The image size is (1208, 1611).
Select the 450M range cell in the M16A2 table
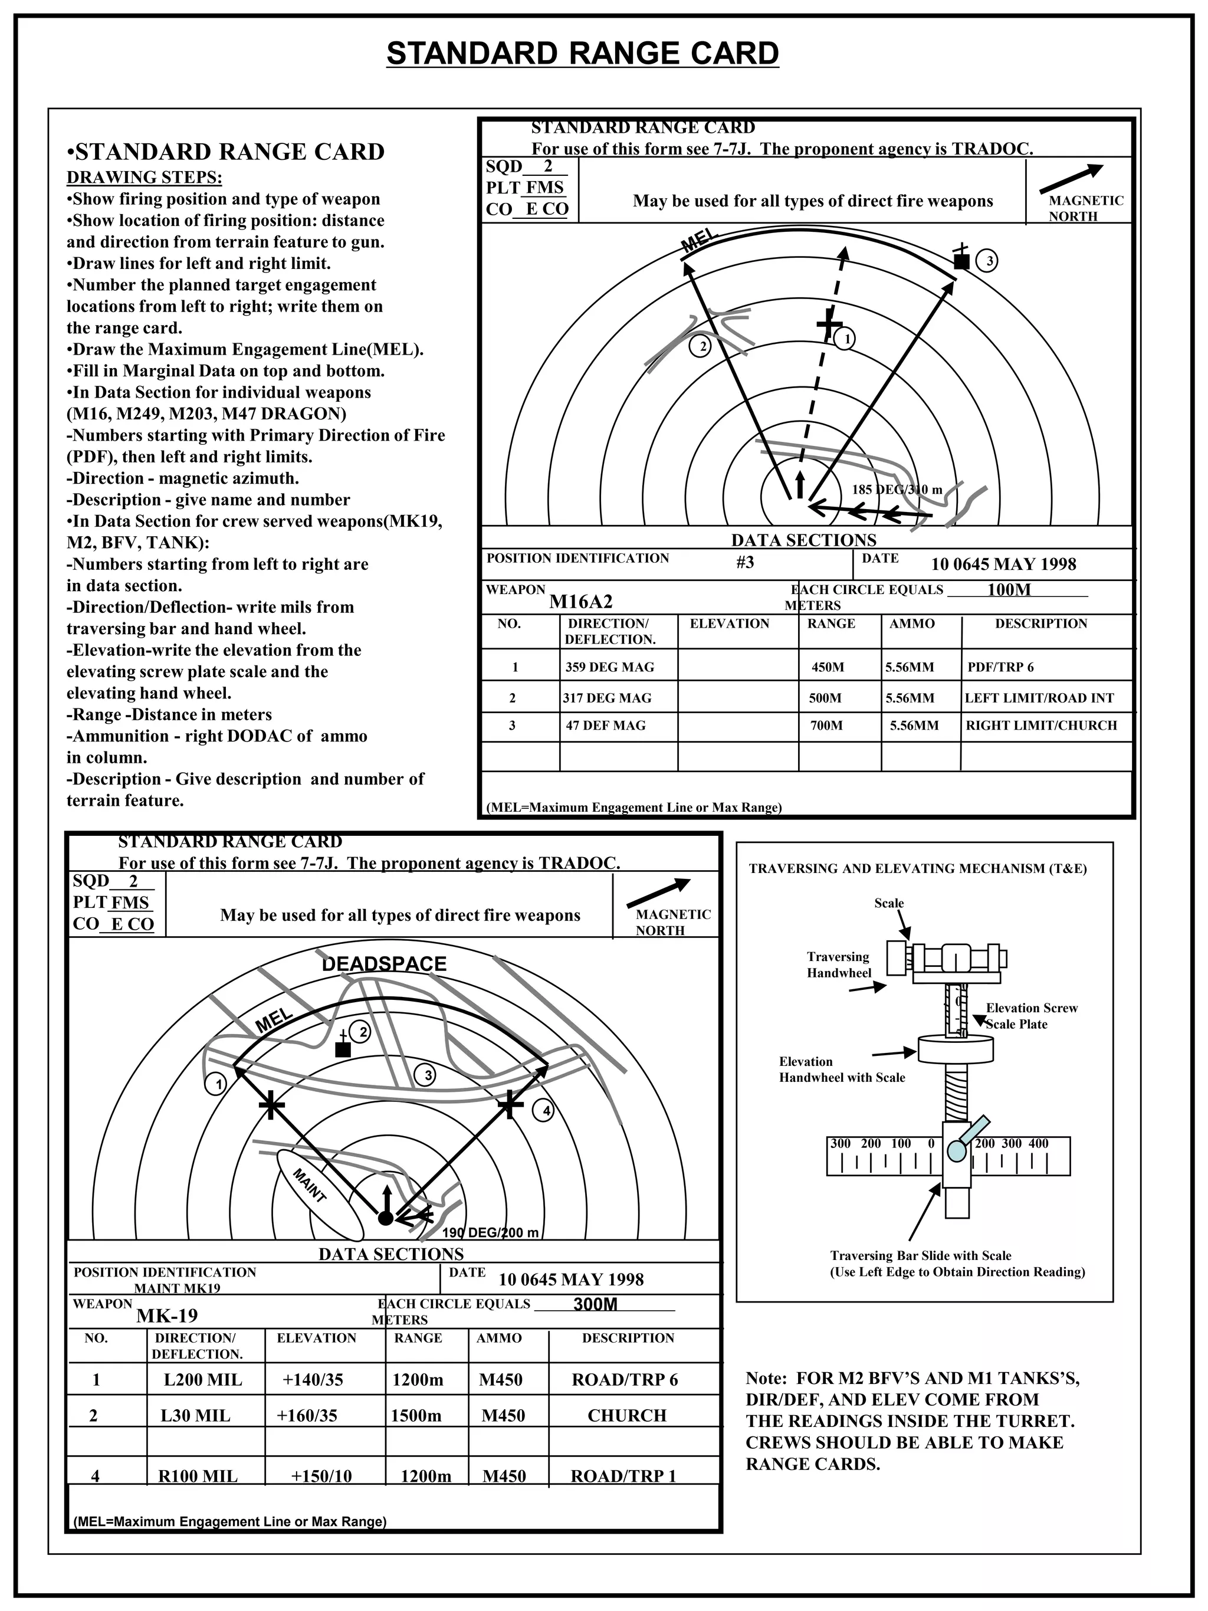(x=828, y=667)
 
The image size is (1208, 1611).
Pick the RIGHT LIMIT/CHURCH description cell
(x=1040, y=726)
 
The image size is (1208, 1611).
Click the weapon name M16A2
(x=580, y=602)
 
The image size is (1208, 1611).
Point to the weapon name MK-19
(x=167, y=1315)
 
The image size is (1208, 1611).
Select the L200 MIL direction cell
(x=203, y=1379)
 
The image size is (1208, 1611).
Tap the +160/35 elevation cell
(x=307, y=1415)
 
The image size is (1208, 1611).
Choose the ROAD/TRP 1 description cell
(x=623, y=1475)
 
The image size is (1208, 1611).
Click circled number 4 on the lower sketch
(x=546, y=1111)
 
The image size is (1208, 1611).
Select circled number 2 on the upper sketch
(x=702, y=347)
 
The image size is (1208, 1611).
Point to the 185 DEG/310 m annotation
(x=897, y=490)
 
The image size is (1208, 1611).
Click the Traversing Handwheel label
(x=838, y=964)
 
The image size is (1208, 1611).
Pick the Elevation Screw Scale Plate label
(x=1030, y=1015)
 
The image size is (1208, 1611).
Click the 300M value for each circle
(x=595, y=1304)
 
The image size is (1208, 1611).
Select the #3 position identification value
(x=745, y=562)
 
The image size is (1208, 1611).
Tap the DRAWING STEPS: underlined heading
(x=144, y=177)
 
